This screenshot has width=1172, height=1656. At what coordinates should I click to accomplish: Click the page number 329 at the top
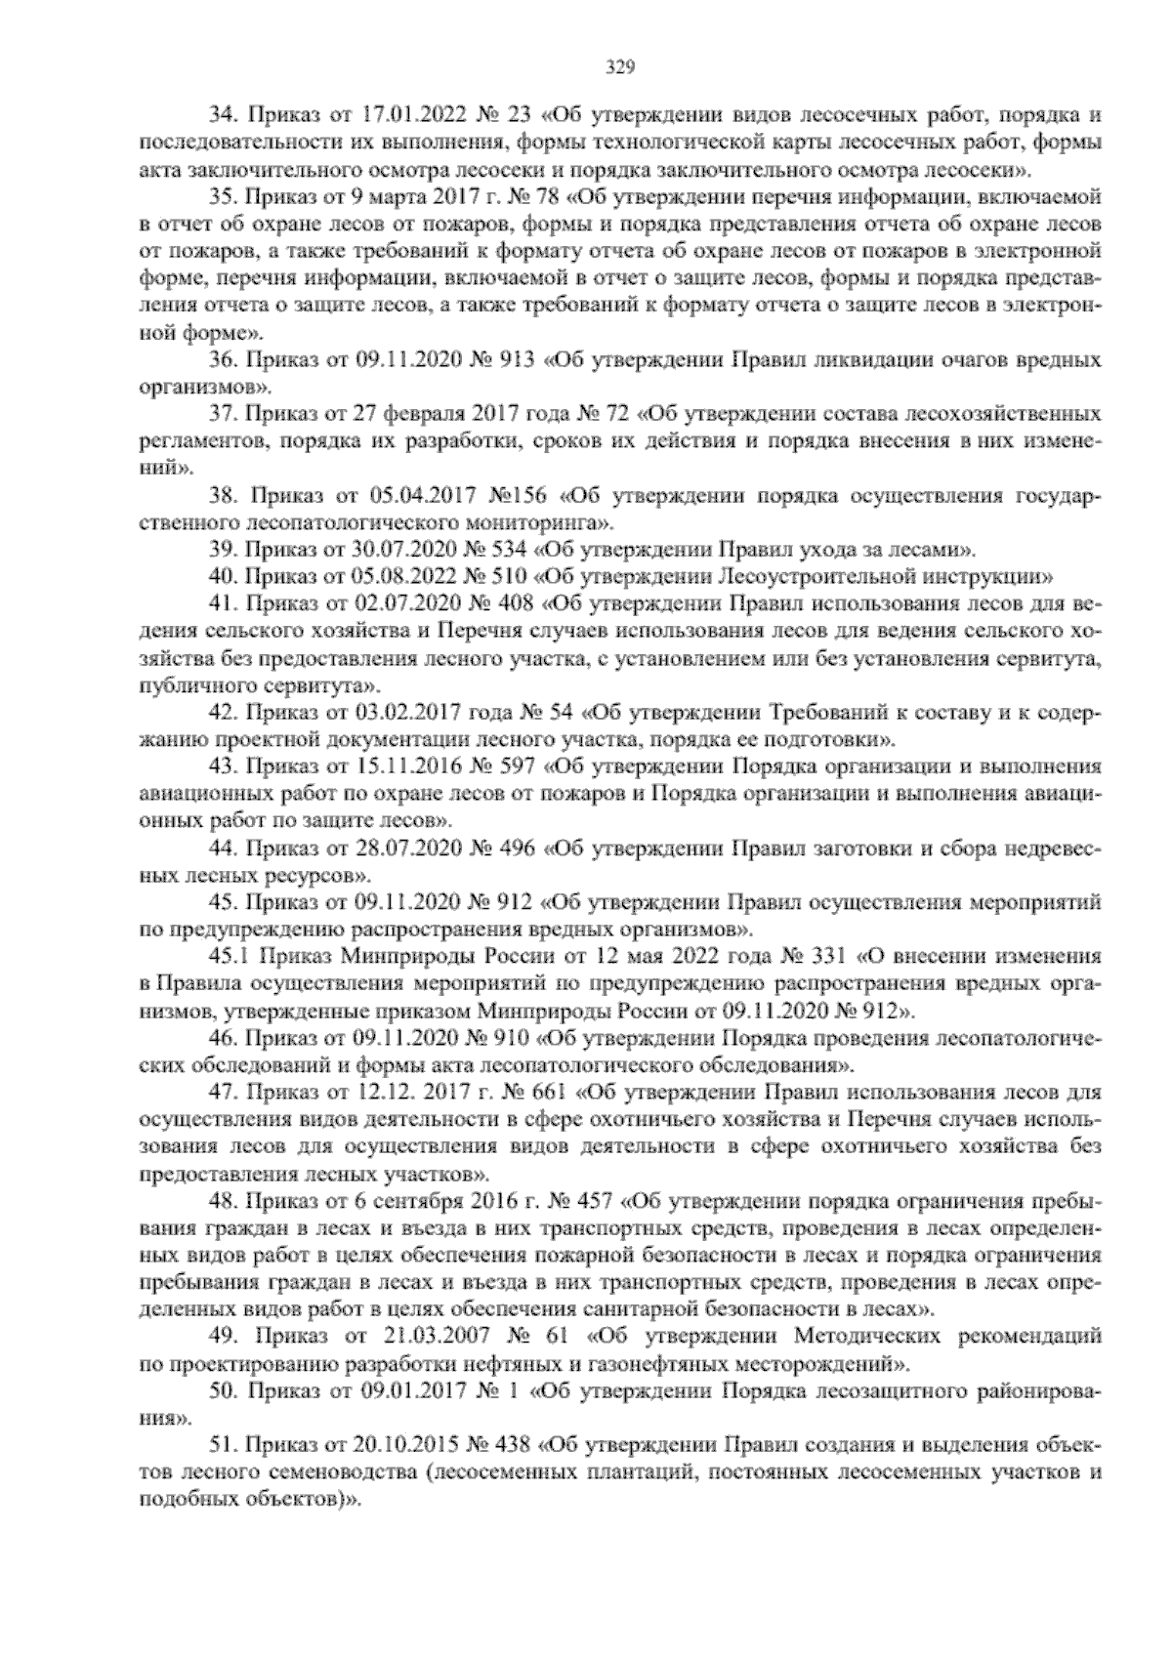pos(621,67)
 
